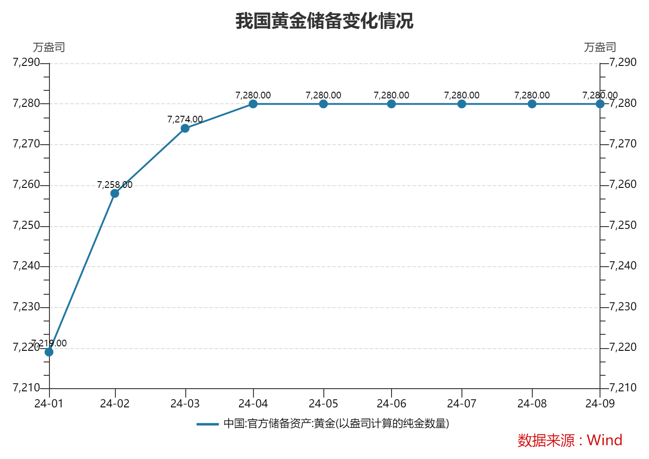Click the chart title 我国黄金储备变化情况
(324, 21)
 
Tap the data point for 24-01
(49, 352)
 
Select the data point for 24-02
(115, 193)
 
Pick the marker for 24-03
(185, 128)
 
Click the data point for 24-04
(253, 104)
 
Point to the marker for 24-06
(392, 104)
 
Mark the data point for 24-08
(532, 104)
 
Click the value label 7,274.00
(185, 119)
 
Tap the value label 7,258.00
(114, 185)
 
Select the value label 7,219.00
(49, 343)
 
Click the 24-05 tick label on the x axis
(323, 404)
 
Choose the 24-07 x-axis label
(461, 404)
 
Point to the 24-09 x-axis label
(600, 404)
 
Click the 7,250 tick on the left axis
(27, 225)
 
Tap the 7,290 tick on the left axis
(27, 62)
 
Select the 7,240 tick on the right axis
(623, 266)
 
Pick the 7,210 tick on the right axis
(623, 388)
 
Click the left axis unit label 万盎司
(49, 47)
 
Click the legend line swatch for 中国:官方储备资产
(208, 424)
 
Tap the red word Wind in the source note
(604, 440)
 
